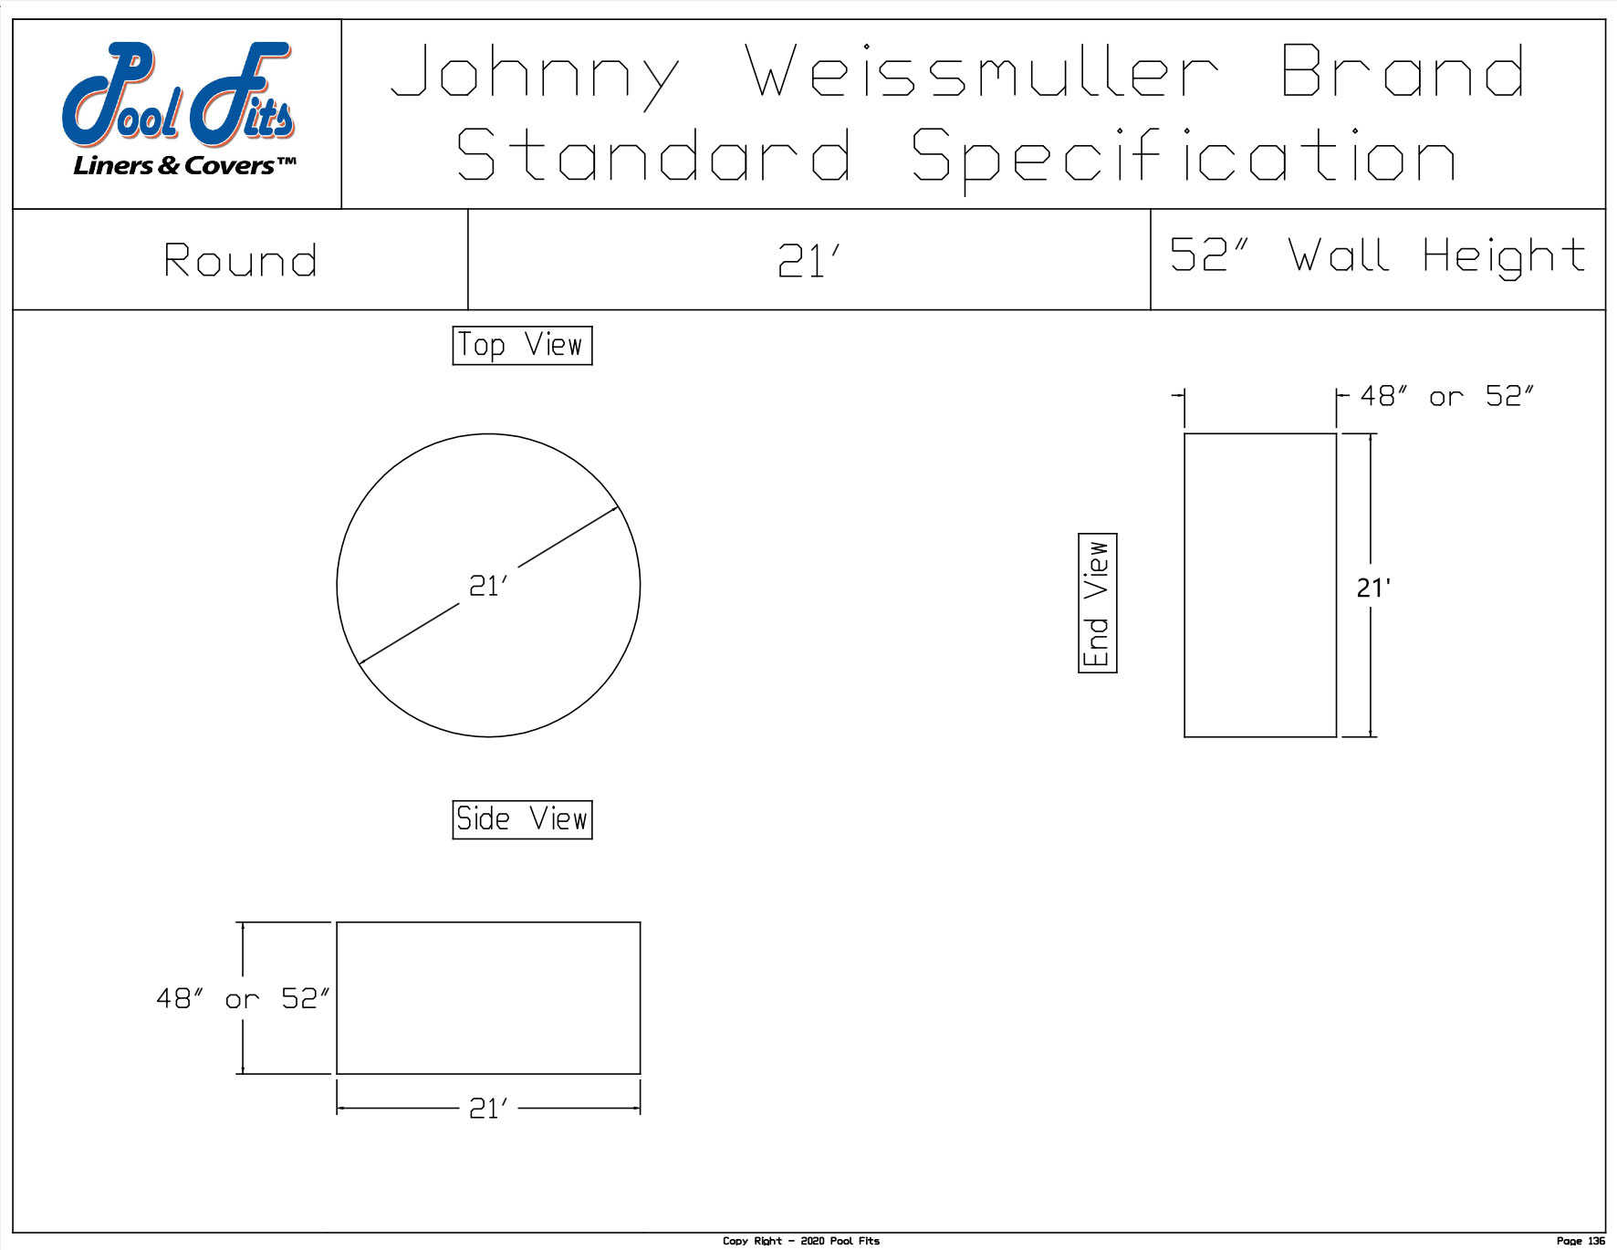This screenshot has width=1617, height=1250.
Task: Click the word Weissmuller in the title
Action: (x=982, y=72)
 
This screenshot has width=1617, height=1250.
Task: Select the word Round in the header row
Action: (x=241, y=261)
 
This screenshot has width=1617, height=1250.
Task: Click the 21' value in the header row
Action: (x=808, y=262)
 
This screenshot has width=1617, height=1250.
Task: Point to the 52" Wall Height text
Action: (x=1378, y=255)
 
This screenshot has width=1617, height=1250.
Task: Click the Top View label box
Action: (x=522, y=346)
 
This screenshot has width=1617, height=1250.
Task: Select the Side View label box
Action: (x=522, y=819)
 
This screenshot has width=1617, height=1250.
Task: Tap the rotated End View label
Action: (x=1097, y=603)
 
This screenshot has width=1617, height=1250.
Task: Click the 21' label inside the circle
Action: (x=488, y=586)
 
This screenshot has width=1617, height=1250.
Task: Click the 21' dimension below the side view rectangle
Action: (x=488, y=1109)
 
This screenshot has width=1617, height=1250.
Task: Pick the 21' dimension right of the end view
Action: (x=1373, y=589)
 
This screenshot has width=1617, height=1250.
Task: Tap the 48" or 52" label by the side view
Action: (x=243, y=999)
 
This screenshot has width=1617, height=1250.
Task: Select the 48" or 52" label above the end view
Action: (x=1446, y=396)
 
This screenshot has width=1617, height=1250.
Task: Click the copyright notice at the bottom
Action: (x=801, y=1241)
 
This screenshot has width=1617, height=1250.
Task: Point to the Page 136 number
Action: (x=1580, y=1241)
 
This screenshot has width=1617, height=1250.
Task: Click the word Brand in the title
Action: (x=1403, y=72)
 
